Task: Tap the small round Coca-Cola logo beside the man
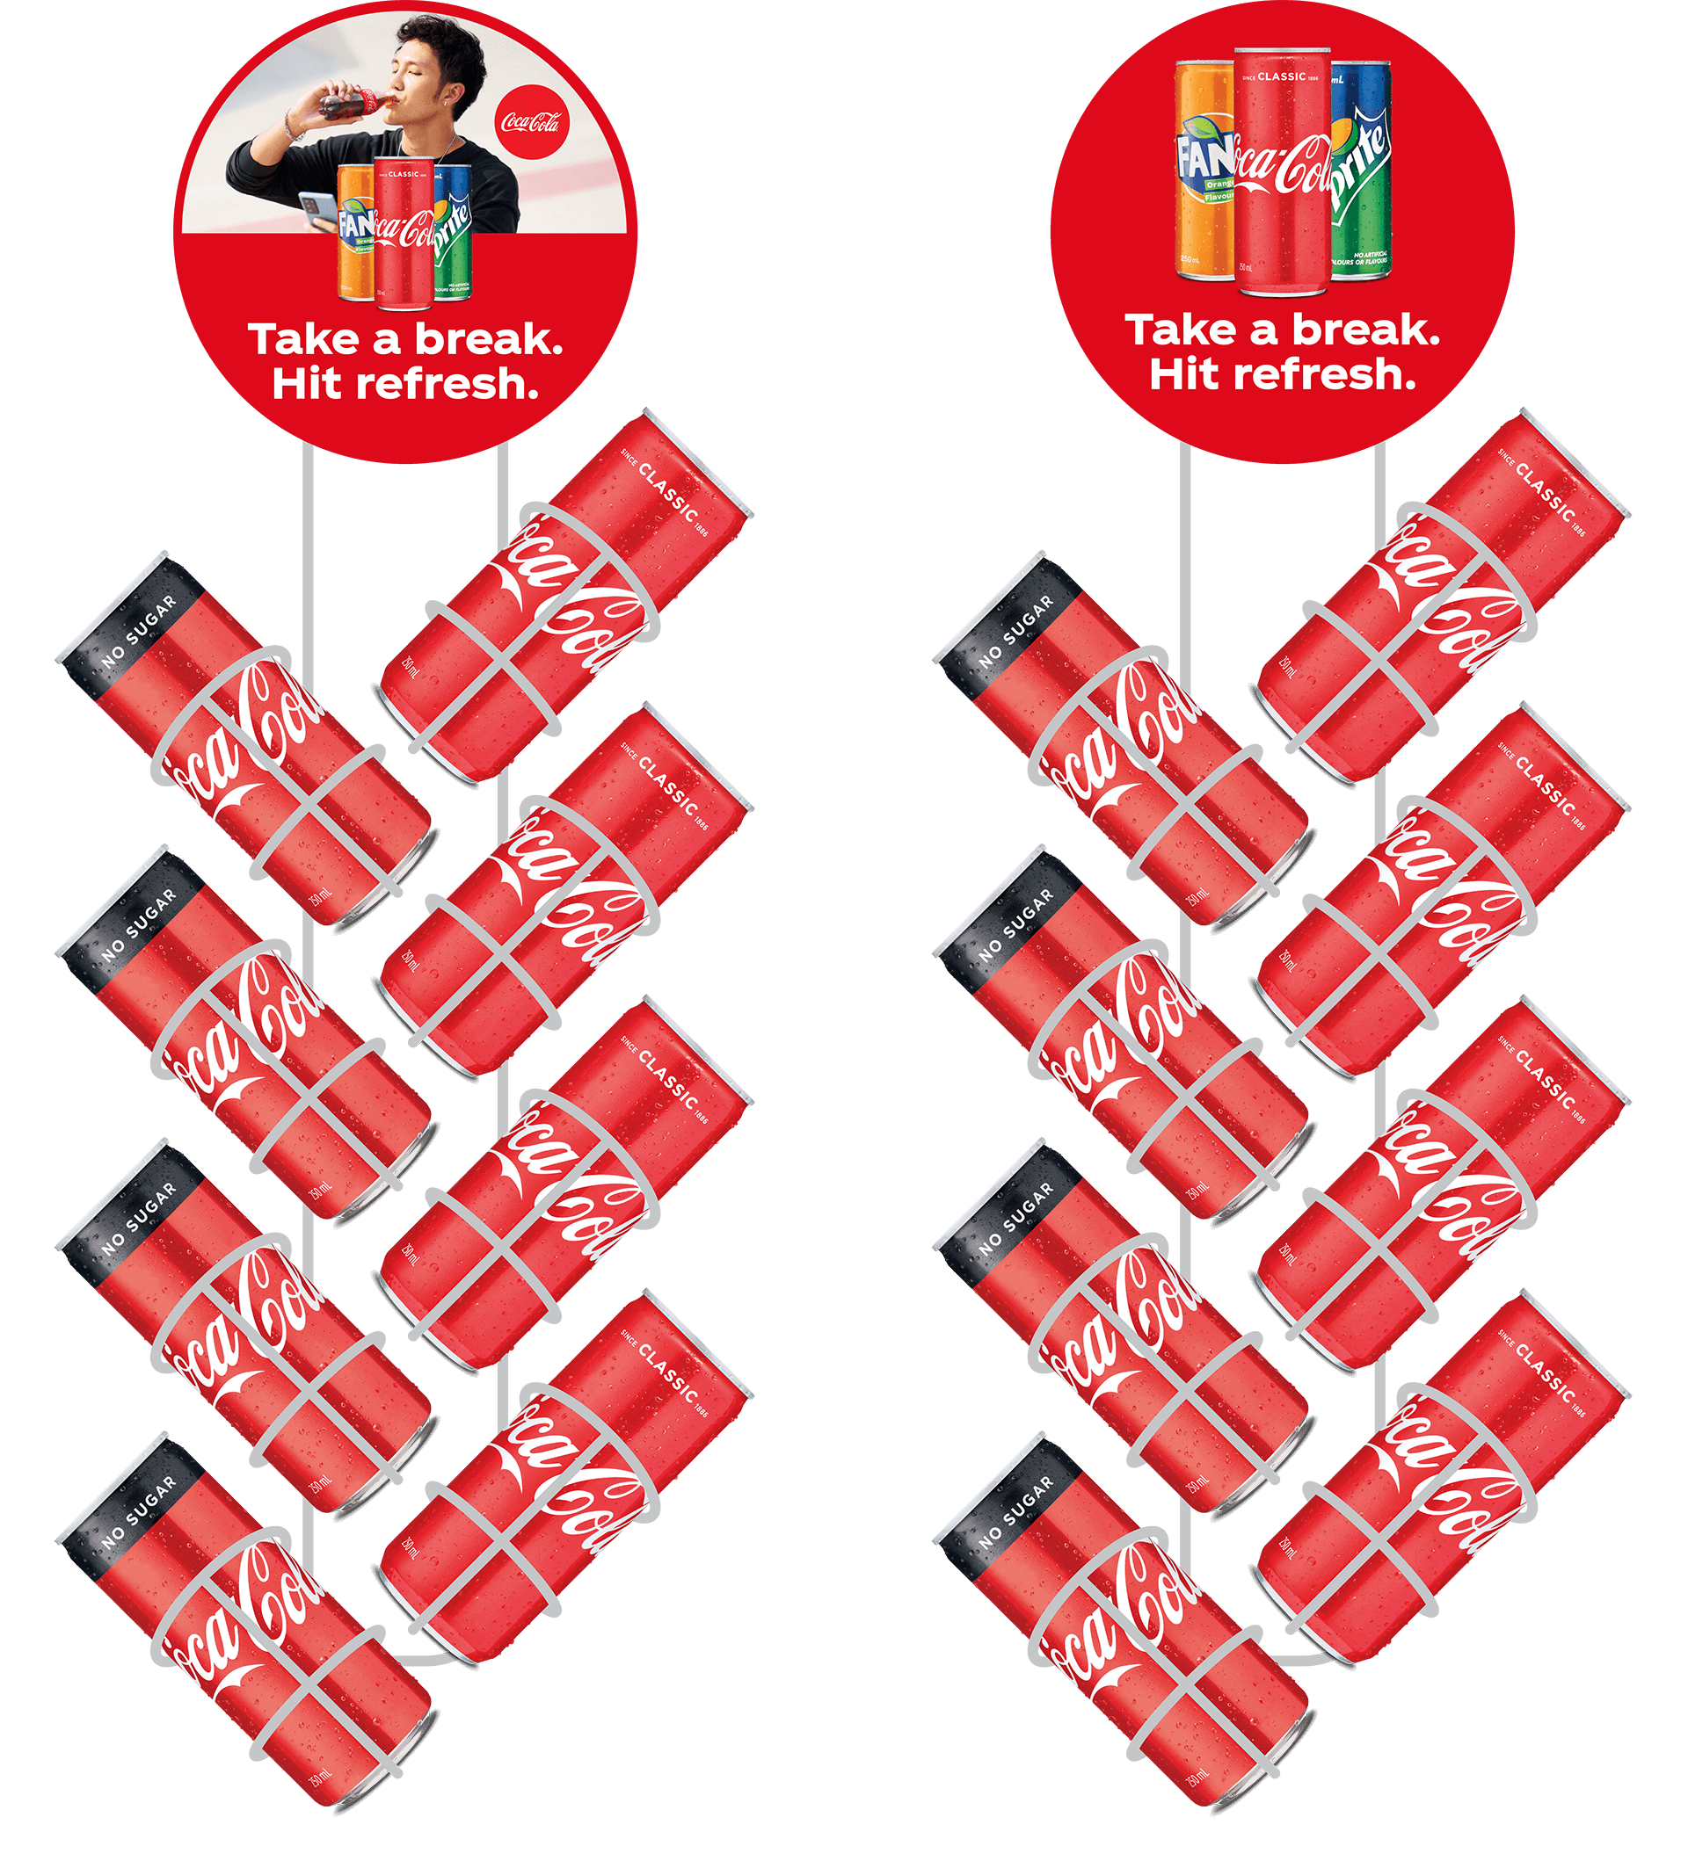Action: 531,121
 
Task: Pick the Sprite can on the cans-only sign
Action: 1361,170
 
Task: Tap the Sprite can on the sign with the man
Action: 453,233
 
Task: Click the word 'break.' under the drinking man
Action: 489,340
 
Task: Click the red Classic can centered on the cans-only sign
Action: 1282,170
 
